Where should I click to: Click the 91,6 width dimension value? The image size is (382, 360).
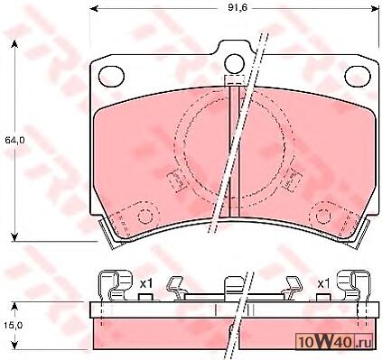coord(233,7)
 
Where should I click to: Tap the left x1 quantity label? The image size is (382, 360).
coord(146,283)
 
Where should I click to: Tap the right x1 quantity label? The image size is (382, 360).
coord(324,283)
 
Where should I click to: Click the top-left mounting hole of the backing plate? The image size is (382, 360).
coord(111,76)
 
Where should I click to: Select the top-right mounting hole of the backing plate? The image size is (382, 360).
coord(358,76)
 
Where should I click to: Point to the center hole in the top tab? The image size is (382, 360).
coord(234,63)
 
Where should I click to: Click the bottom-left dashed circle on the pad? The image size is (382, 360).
coord(145,217)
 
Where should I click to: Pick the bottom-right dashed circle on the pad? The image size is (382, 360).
coord(323,217)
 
